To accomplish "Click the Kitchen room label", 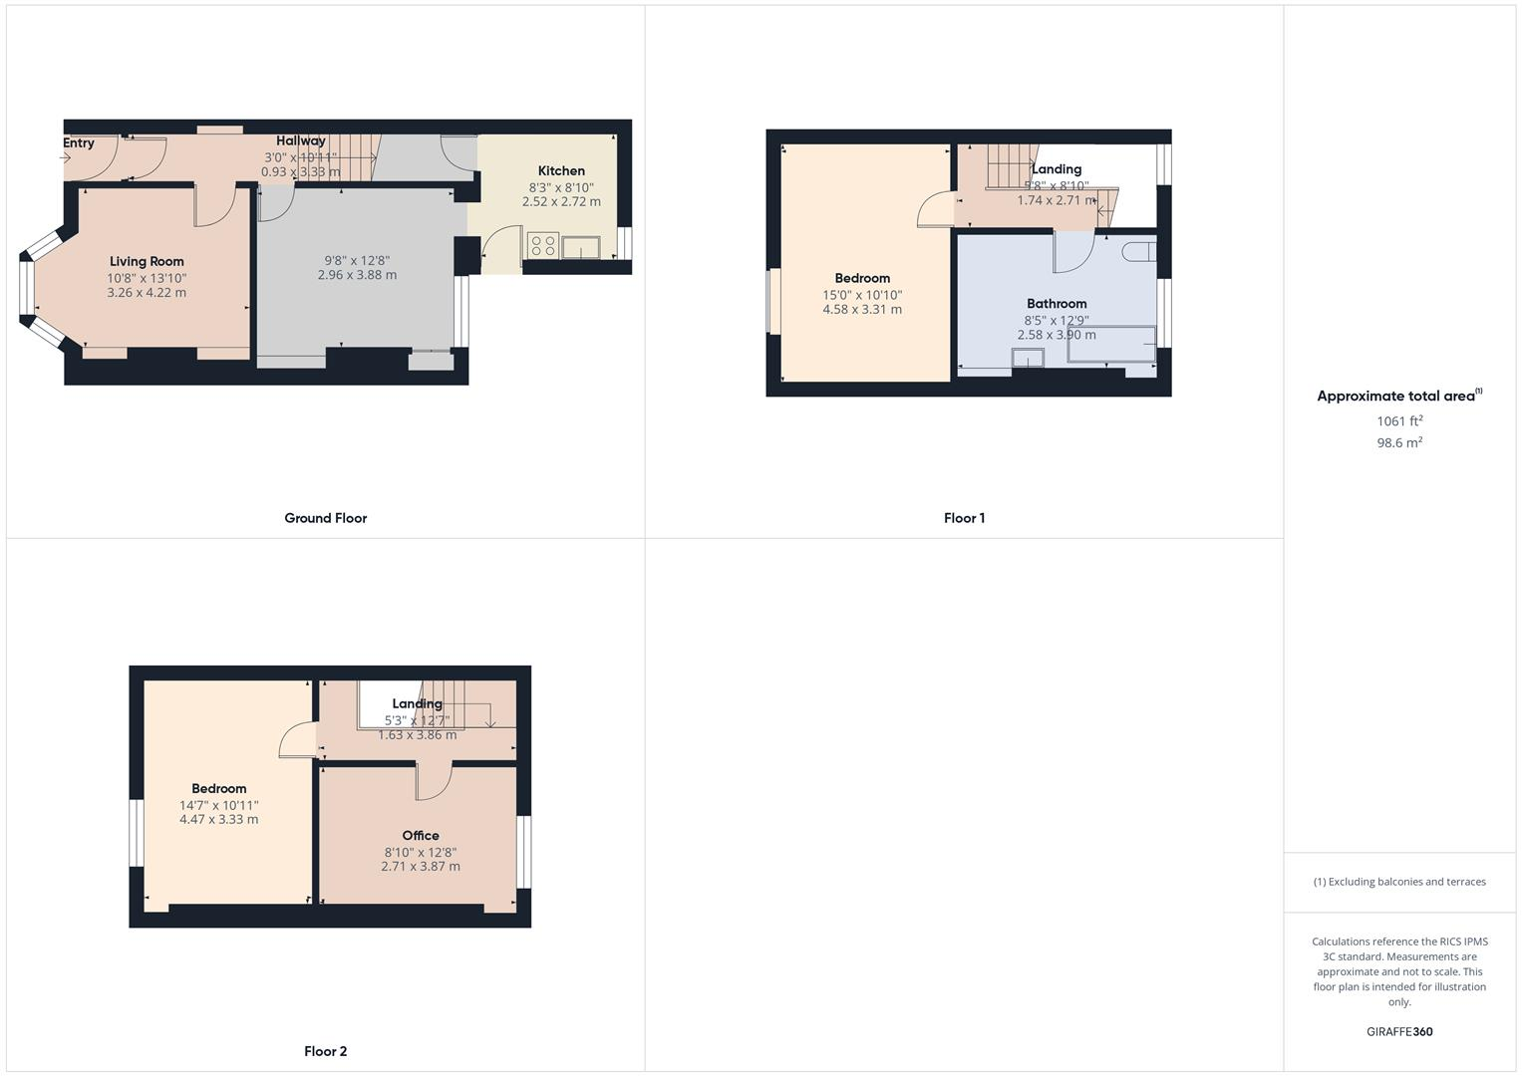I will [x=561, y=171].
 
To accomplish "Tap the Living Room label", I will [x=147, y=262].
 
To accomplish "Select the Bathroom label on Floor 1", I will [x=1057, y=304].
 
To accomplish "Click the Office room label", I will [x=421, y=836].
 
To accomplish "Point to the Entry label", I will [x=79, y=143].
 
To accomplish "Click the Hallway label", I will [x=301, y=141].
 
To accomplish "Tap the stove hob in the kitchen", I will [x=543, y=245].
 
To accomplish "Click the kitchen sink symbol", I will [x=580, y=247].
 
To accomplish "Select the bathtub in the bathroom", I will [x=1111, y=345].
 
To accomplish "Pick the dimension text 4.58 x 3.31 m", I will [x=862, y=310].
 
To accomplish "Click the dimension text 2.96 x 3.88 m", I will [x=357, y=275].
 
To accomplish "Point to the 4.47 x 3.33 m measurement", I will [x=218, y=820].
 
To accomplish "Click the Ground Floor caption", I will [x=326, y=518].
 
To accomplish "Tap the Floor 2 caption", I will [x=326, y=1051].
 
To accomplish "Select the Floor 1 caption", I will [x=964, y=518].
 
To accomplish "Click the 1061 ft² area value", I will [x=1399, y=421].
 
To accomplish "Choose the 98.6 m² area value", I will [x=1399, y=443].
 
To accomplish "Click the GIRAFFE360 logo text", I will [x=1399, y=1032].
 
